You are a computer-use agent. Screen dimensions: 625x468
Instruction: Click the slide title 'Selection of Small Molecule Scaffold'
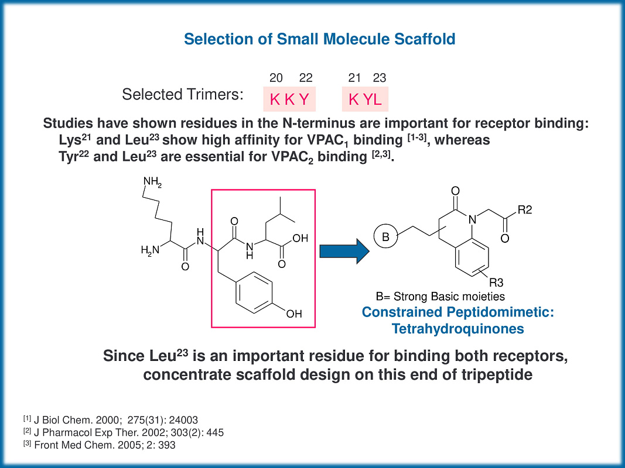(319, 40)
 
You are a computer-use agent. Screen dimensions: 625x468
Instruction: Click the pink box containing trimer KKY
(289, 99)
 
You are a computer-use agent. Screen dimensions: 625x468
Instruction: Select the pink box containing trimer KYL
(365, 99)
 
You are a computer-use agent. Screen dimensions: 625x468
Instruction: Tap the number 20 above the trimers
(276, 78)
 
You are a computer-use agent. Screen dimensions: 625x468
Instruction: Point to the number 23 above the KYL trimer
(379, 78)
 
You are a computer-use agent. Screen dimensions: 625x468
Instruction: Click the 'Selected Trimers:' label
(183, 94)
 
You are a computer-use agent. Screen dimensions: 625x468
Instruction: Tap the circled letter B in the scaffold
(385, 238)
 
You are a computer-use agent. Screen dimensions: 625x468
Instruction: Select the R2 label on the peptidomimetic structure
(525, 210)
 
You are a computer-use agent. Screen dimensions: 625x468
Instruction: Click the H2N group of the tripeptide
(150, 250)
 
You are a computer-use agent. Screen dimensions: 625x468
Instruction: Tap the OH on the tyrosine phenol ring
(293, 314)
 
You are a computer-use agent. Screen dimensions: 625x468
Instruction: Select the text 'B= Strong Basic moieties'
(440, 297)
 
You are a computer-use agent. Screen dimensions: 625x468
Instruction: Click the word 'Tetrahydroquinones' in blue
(457, 329)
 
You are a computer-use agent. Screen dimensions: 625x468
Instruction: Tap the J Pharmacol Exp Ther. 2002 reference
(122, 432)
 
